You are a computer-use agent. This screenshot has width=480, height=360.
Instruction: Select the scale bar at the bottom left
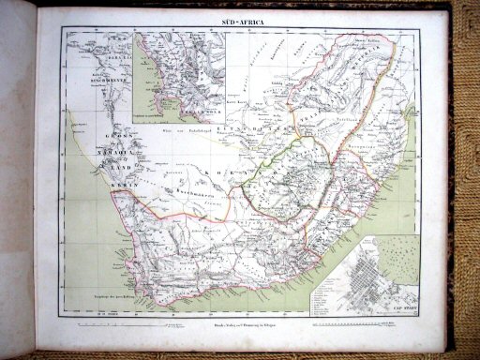point(103,322)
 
